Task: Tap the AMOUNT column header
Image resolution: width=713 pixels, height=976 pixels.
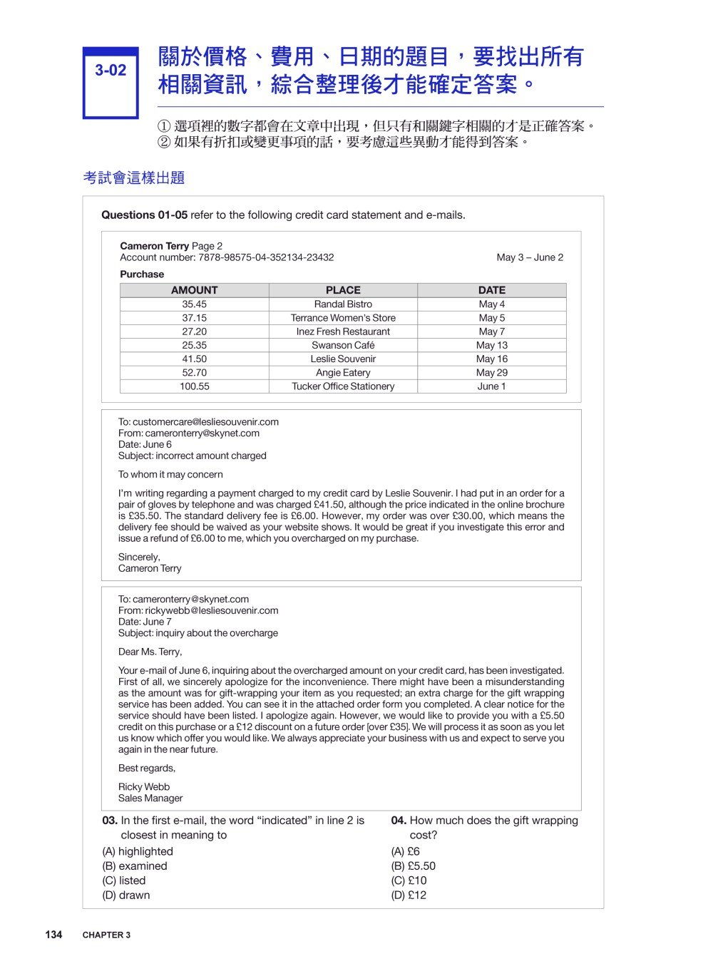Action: pos(194,290)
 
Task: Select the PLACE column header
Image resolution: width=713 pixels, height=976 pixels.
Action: pos(343,290)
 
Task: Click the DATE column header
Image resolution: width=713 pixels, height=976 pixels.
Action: pos(491,290)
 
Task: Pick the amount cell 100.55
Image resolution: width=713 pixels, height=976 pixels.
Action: pos(194,386)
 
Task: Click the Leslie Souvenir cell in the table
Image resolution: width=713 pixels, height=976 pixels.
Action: pos(343,359)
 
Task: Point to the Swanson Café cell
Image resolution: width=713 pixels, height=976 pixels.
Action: pos(343,345)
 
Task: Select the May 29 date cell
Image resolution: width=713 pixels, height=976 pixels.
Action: pos(491,373)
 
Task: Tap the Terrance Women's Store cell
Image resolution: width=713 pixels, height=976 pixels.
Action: pos(343,318)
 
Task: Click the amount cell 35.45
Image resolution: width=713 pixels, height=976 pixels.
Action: pos(194,304)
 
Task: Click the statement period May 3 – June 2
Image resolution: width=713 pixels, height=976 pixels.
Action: pos(530,257)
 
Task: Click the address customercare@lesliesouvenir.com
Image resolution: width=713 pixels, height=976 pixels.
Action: pos(205,422)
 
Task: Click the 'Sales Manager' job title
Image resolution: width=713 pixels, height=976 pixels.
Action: pos(150,798)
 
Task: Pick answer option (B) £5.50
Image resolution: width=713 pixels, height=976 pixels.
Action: pos(413,866)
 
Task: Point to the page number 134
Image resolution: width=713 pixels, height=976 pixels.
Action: pos(53,935)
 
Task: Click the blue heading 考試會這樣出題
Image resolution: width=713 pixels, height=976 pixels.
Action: pos(134,178)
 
